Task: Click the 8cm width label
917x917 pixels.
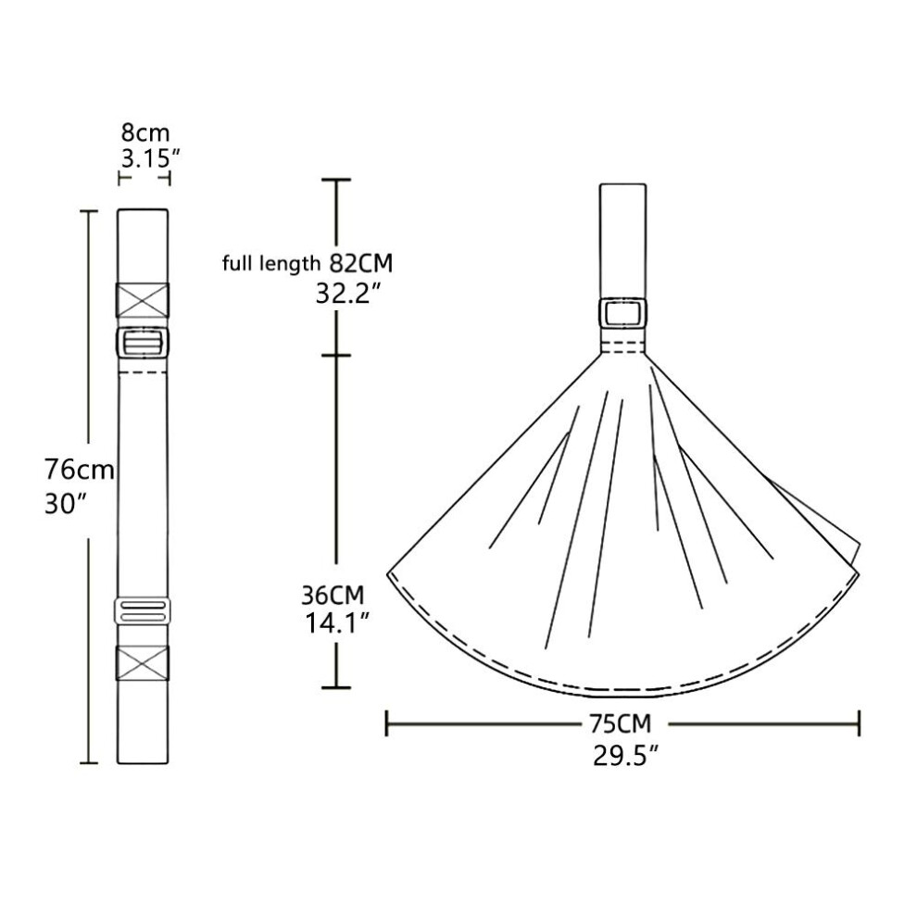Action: click(x=145, y=132)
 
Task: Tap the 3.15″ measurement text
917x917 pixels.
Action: click(x=150, y=157)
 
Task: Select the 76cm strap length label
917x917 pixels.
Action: click(x=80, y=470)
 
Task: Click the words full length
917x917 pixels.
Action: click(x=271, y=264)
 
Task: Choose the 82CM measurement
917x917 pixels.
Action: click(x=361, y=264)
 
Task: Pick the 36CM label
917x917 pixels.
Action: click(x=333, y=596)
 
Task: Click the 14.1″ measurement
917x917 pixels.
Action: click(x=337, y=623)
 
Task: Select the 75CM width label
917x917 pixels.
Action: click(x=620, y=724)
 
